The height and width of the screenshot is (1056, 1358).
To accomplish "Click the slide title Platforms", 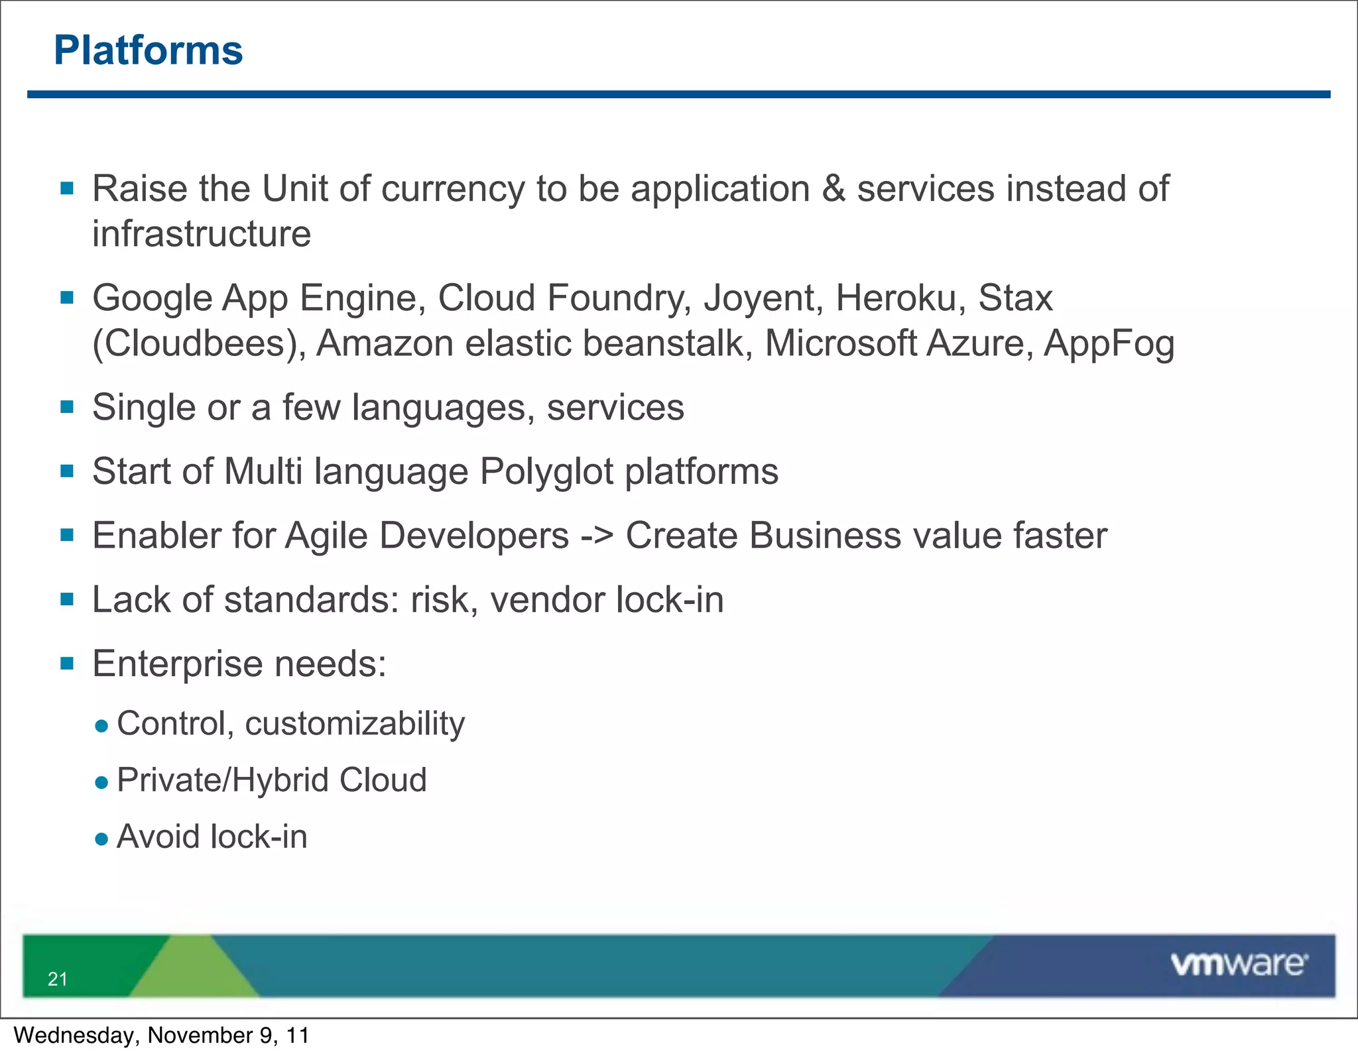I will click(149, 50).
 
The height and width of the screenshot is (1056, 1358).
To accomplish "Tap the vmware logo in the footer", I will click(1239, 964).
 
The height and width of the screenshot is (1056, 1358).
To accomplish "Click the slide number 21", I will click(58, 979).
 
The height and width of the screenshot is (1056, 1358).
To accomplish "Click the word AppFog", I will click(1109, 344).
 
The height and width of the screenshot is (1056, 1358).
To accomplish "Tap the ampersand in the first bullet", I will click(833, 189).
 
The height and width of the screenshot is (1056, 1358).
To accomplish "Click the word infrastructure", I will click(202, 234).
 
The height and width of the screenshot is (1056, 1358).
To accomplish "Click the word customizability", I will click(355, 724).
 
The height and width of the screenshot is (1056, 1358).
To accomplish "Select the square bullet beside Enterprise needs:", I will click(67, 664).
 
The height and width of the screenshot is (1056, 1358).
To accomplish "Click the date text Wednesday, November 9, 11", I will click(161, 1035).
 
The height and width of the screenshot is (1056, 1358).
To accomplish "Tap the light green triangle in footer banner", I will click(193, 971).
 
